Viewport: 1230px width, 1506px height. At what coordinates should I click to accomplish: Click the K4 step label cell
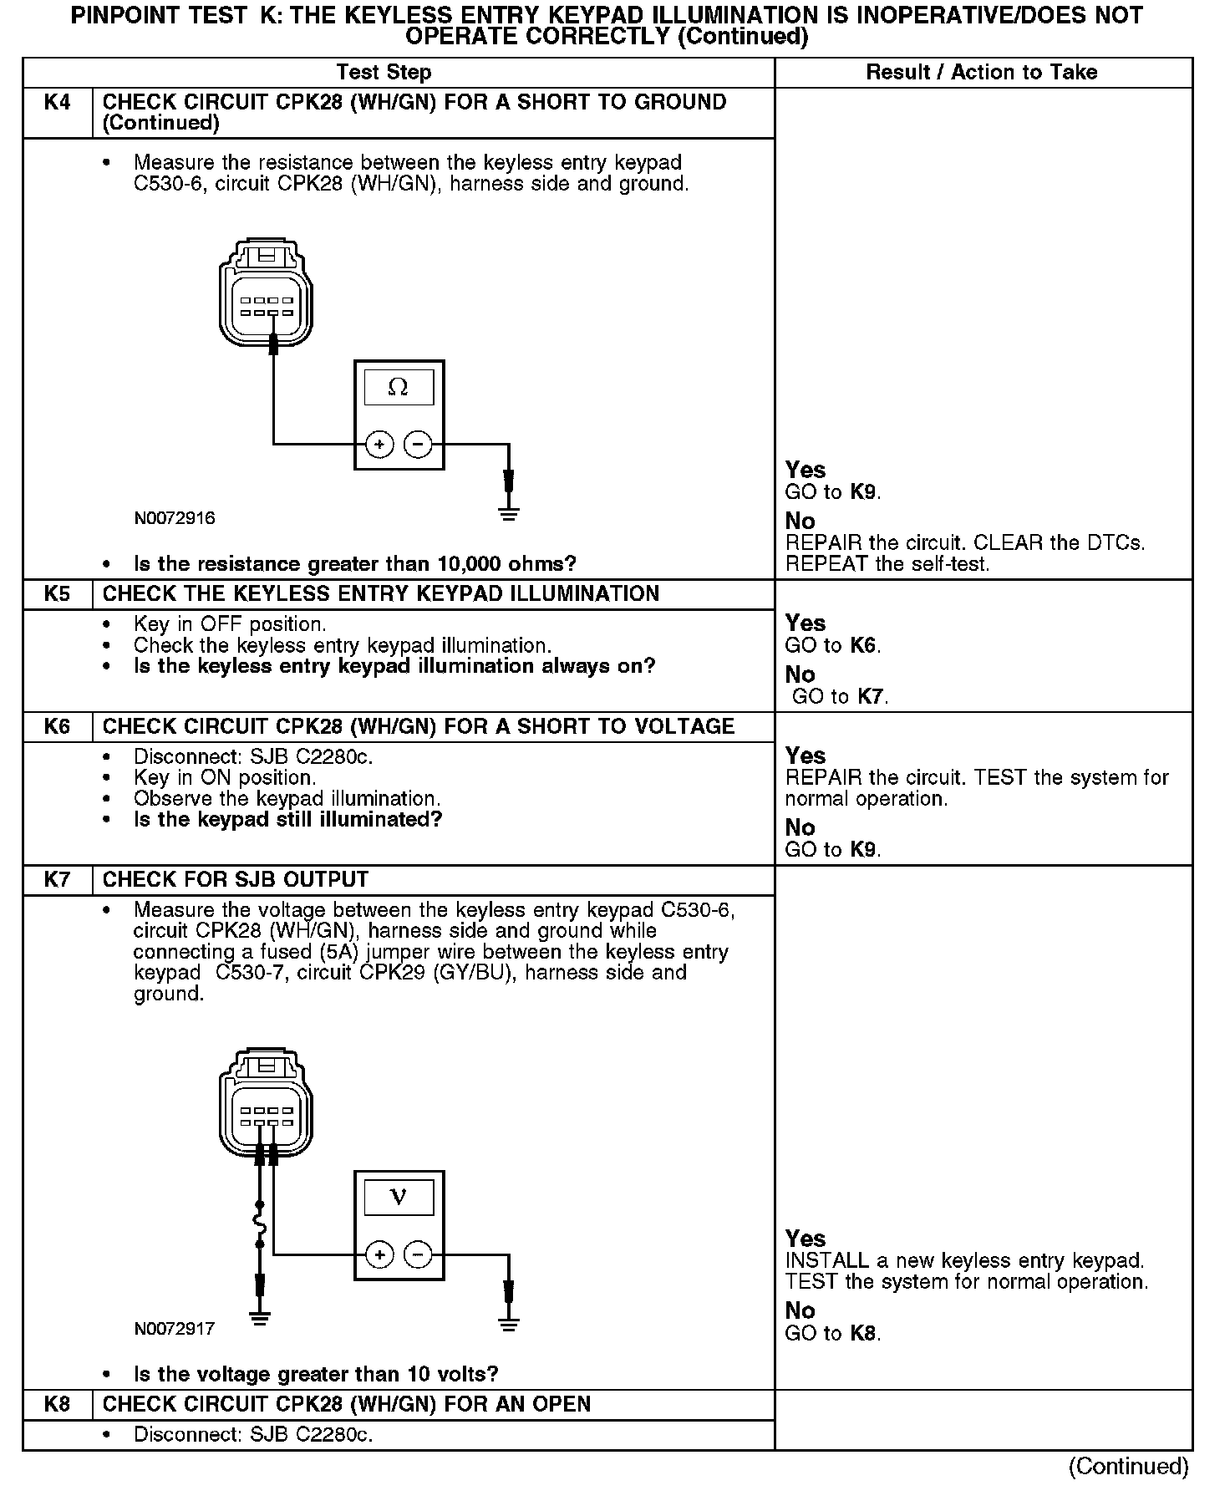(57, 103)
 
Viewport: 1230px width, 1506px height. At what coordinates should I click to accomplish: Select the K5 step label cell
(57, 594)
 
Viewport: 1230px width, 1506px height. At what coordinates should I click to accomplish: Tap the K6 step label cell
(57, 726)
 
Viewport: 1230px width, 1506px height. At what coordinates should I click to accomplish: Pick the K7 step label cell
(57, 880)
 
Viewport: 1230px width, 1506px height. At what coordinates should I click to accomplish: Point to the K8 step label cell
(57, 1404)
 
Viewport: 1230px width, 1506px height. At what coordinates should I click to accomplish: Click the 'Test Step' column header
(384, 73)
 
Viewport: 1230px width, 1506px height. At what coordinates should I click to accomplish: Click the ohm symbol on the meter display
(399, 388)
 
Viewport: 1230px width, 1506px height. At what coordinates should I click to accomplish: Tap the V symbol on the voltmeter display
(399, 1198)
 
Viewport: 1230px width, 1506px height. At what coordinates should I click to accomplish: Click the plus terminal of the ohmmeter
(379, 445)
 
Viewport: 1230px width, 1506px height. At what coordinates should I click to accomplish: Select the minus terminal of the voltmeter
(418, 1254)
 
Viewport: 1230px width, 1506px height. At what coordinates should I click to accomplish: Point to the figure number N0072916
(175, 519)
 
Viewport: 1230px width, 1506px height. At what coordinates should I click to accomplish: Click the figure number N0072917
(175, 1329)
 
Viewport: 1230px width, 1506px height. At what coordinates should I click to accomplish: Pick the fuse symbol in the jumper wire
(260, 1225)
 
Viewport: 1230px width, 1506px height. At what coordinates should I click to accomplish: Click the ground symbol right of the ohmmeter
(508, 511)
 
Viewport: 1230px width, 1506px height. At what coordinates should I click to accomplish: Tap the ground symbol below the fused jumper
(260, 1320)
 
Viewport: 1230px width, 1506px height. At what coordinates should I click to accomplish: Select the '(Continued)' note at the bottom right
(1128, 1467)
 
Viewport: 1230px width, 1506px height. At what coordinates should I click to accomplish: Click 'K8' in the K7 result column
(863, 1333)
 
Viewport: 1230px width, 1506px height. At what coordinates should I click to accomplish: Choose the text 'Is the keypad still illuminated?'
(287, 820)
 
